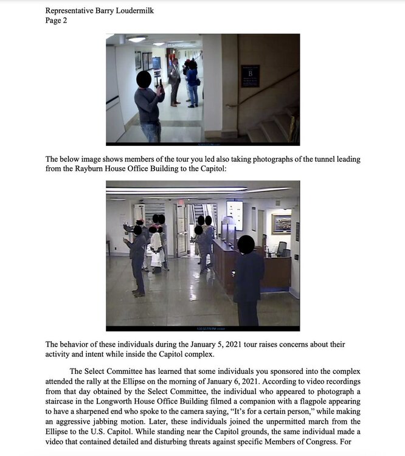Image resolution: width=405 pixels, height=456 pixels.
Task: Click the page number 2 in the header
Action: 64,20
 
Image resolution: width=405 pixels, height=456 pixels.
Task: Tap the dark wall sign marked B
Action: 250,75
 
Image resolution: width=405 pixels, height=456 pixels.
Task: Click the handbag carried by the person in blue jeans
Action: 198,81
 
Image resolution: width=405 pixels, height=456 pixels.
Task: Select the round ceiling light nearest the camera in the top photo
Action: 137,39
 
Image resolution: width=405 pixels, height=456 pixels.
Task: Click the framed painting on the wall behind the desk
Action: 281,224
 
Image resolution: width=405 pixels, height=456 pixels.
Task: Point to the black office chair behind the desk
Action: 281,248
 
